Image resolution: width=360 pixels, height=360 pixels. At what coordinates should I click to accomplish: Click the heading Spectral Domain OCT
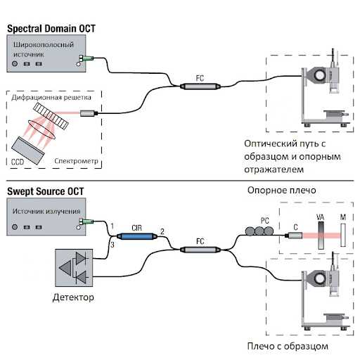51,29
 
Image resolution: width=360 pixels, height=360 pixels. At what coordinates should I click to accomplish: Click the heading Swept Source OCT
46,191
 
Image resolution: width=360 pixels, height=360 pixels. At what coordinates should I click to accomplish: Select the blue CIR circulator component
137,236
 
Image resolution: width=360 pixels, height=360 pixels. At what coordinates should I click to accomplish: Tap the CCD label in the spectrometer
18,162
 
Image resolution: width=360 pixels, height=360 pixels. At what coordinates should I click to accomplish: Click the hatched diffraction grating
51,116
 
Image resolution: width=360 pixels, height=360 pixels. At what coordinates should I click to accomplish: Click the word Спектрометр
76,161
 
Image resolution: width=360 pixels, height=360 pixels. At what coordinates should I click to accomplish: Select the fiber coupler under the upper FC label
200,86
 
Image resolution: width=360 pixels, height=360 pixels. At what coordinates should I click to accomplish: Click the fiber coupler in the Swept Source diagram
200,250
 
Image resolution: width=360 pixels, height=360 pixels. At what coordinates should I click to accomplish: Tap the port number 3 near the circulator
112,245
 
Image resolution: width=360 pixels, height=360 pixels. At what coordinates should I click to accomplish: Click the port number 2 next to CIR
162,231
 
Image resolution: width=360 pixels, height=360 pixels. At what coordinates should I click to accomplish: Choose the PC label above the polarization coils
265,221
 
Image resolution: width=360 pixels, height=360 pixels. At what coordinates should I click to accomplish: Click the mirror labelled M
343,235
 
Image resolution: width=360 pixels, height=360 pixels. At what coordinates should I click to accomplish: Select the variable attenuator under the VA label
321,236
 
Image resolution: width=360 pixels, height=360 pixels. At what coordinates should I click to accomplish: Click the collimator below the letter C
294,236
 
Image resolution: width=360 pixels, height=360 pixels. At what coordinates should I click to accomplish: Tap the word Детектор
73,297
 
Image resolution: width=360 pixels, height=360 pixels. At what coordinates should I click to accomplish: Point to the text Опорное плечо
281,190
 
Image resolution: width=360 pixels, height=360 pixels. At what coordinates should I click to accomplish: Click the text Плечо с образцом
288,346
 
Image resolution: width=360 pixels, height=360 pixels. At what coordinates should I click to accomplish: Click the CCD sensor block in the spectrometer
28,150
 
